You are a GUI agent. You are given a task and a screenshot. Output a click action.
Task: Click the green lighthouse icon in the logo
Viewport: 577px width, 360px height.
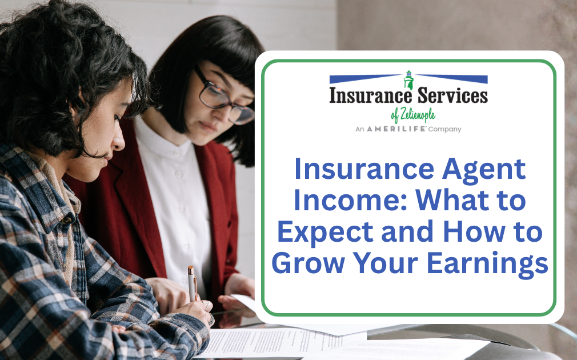click(408, 79)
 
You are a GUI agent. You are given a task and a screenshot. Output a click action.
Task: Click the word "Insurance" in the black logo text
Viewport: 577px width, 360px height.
click(370, 95)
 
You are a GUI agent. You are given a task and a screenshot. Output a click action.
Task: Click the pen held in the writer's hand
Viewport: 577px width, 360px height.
click(192, 283)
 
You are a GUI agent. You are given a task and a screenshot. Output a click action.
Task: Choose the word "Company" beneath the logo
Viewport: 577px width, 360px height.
click(446, 130)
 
